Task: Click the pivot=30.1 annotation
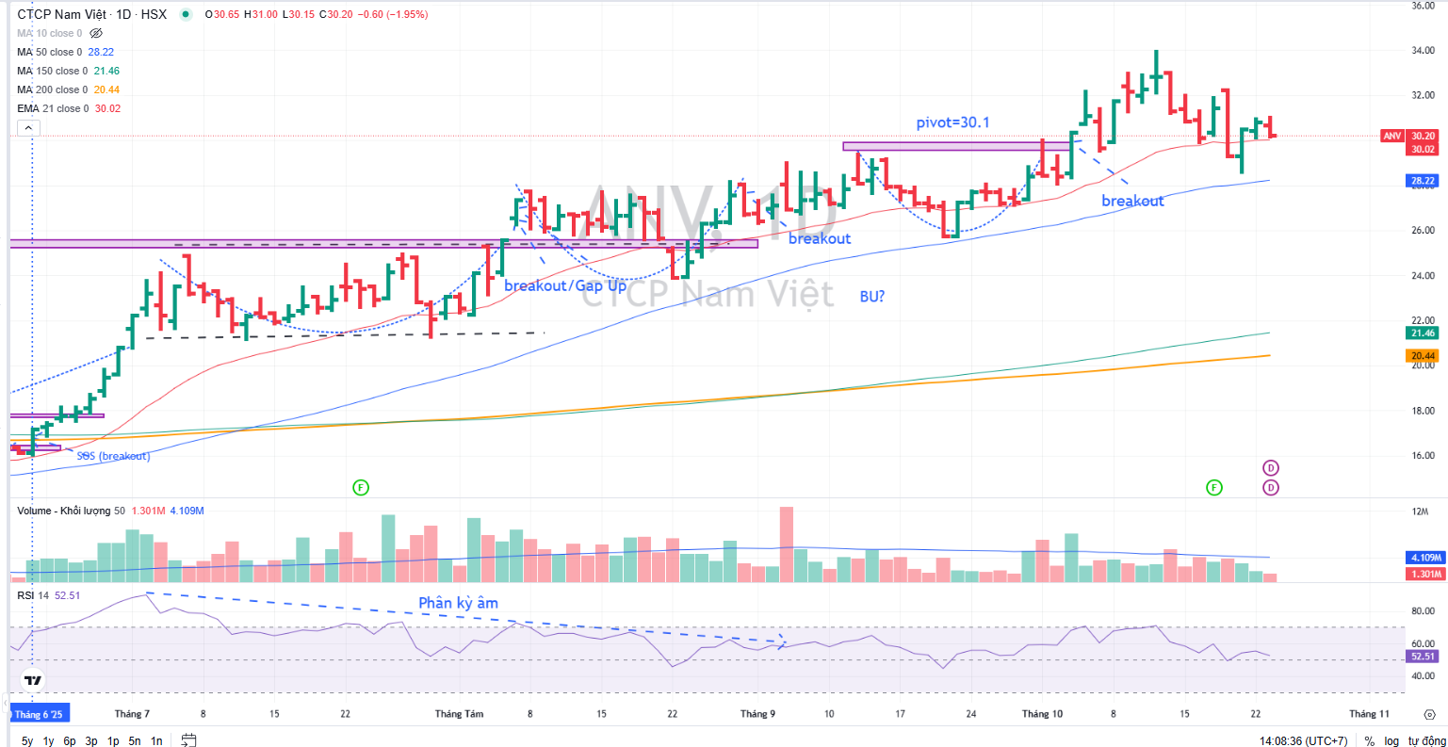[952, 122]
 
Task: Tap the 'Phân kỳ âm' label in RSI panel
[458, 603]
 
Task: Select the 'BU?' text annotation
[872, 297]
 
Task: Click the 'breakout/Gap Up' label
[564, 285]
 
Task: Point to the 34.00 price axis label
[1423, 51]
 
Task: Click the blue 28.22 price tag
[1423, 181]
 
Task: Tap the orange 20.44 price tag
[1423, 356]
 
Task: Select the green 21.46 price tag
[1423, 333]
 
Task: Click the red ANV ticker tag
[1391, 137]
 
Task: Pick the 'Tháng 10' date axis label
[1042, 714]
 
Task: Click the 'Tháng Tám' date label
[459, 714]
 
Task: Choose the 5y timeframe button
[27, 741]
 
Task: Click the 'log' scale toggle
[1391, 741]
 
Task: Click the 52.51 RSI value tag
[1423, 657]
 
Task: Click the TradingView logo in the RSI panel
[33, 680]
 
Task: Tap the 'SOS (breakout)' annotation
[113, 457]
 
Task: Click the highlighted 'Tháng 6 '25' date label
[39, 714]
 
